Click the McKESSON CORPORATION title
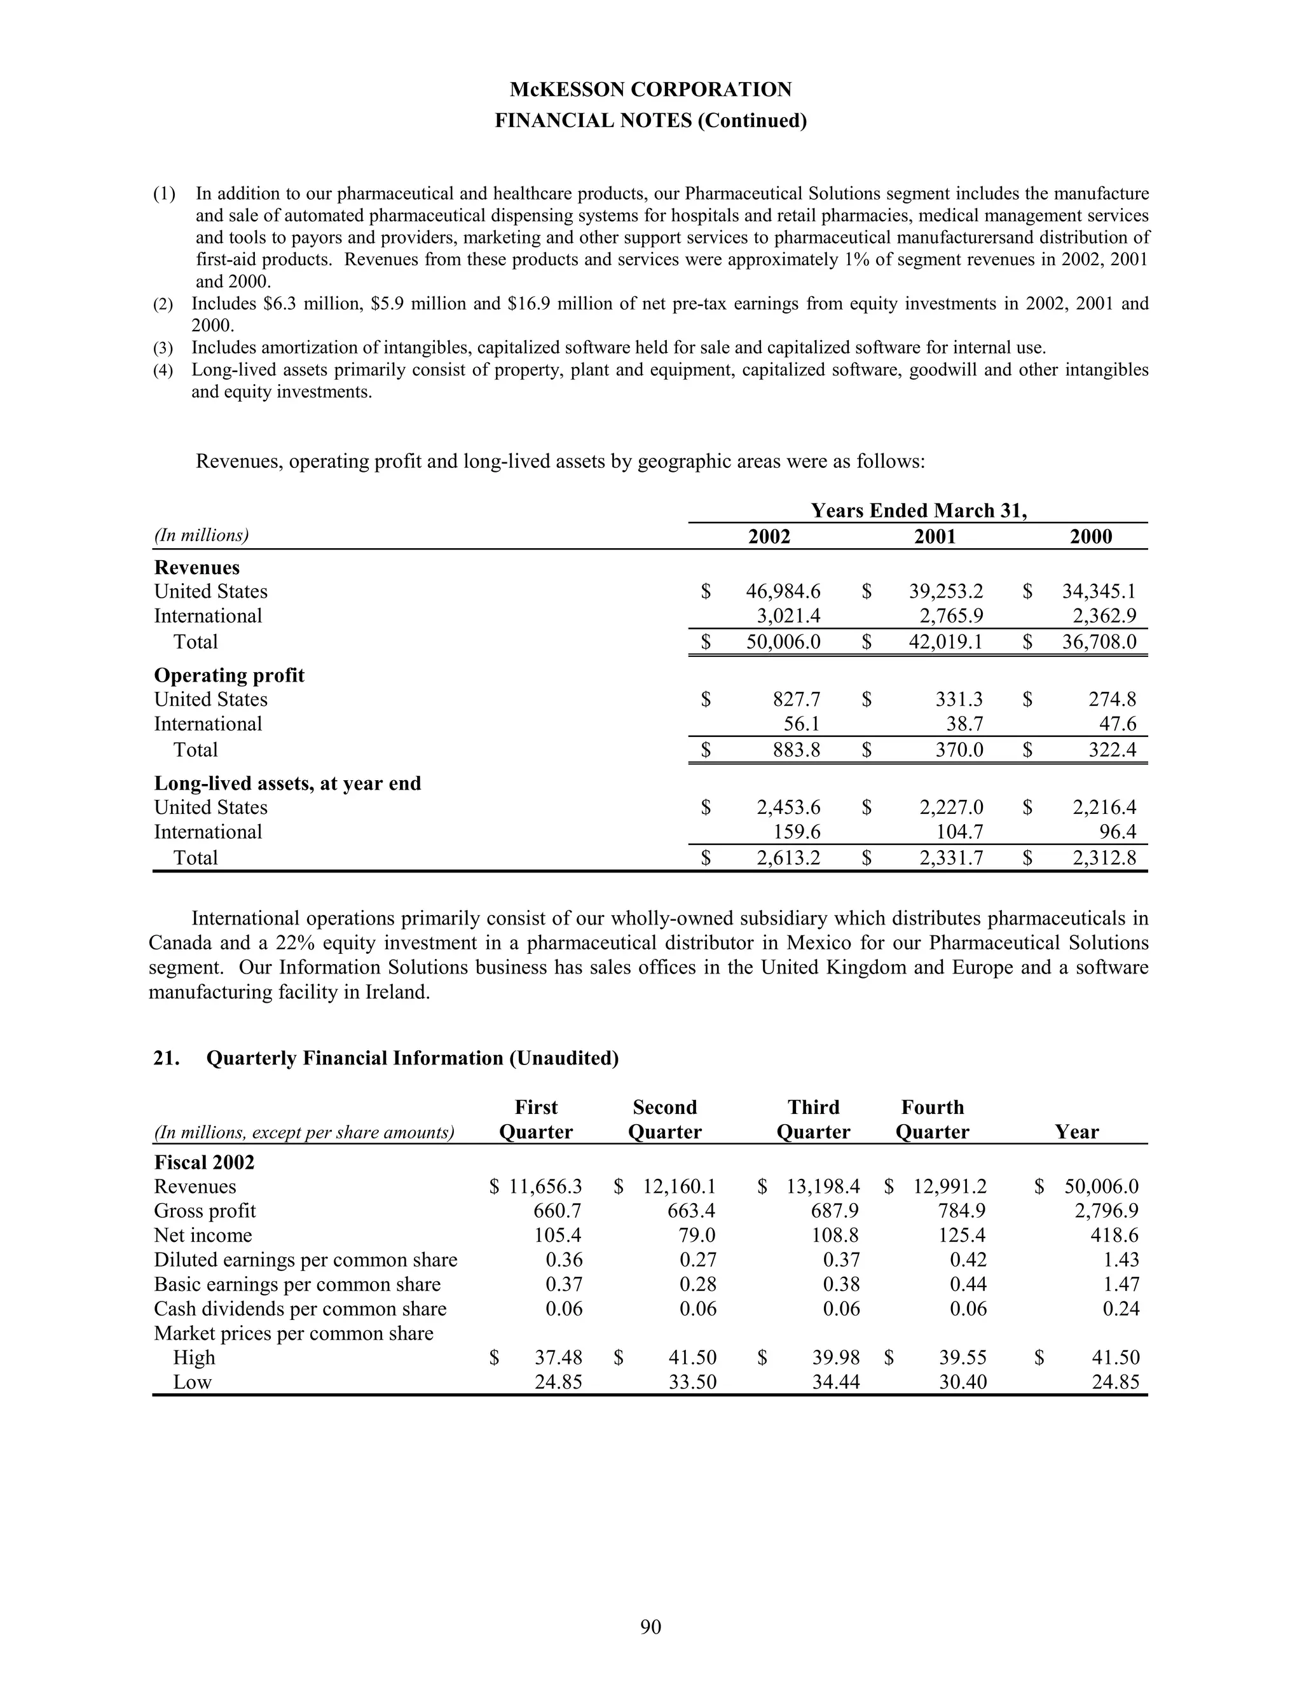tap(650, 90)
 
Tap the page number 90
tap(650, 1627)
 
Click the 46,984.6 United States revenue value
tap(783, 592)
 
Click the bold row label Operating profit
tap(229, 675)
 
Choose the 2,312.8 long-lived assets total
tap(1104, 858)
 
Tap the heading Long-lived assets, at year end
tap(287, 783)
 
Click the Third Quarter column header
tap(813, 1120)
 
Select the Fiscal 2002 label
tap(203, 1163)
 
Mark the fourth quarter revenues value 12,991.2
tap(950, 1186)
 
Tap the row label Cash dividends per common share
tap(300, 1309)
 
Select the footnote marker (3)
tap(163, 348)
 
